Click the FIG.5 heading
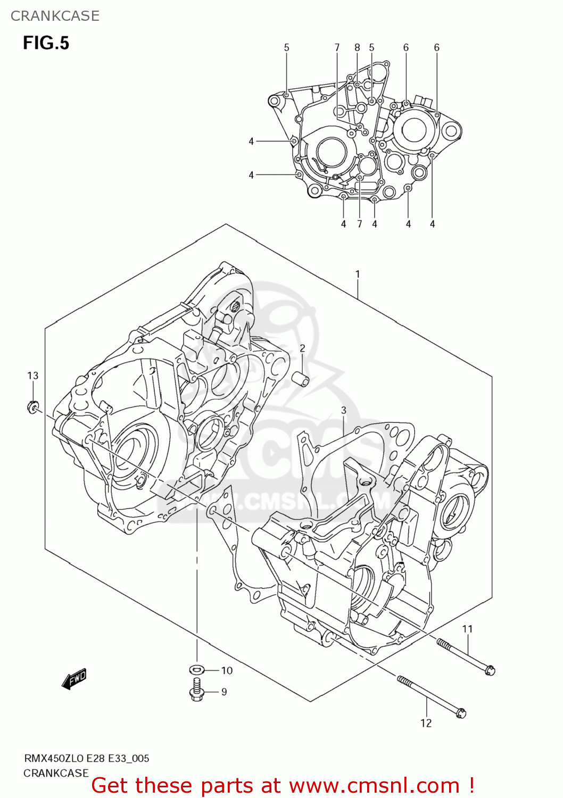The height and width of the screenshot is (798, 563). [46, 43]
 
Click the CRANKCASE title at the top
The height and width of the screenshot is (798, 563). [55, 16]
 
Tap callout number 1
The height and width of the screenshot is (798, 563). [358, 274]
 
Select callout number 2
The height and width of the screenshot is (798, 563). [302, 348]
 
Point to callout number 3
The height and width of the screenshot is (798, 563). [344, 410]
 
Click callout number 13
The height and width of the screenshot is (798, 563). [33, 376]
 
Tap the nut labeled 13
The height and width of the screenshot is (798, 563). [33, 408]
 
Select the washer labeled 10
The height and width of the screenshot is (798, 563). [196, 669]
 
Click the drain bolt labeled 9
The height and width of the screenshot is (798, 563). [196, 690]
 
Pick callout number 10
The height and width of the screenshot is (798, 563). [227, 670]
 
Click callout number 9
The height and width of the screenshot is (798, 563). [224, 692]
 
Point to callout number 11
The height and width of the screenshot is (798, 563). [467, 629]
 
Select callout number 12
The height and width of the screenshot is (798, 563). [426, 723]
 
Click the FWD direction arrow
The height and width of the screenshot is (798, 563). [74, 679]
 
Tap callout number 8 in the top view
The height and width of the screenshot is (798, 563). [357, 47]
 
